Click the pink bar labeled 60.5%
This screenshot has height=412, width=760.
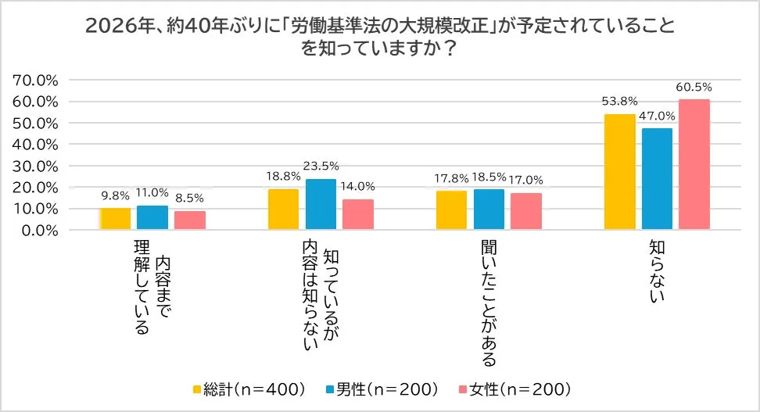[x=694, y=164]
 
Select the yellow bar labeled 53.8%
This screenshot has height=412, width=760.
[x=619, y=172]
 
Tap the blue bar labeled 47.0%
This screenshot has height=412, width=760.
[x=657, y=179]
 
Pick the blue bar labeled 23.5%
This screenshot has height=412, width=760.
[x=321, y=204]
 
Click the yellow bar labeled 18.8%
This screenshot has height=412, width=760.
[x=283, y=210]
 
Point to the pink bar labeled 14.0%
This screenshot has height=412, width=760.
[x=358, y=214]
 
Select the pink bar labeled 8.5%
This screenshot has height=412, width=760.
[x=190, y=220]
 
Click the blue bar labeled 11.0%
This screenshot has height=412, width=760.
[x=152, y=217]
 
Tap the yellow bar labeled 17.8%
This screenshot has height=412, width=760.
[x=451, y=210]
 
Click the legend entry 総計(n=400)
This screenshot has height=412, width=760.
[x=248, y=389]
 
